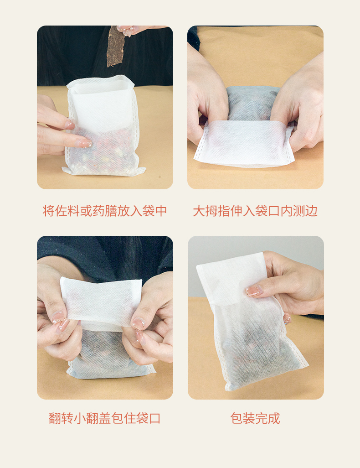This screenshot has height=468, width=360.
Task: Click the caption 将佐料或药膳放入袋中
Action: point(105,211)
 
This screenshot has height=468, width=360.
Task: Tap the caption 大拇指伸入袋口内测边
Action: point(255,211)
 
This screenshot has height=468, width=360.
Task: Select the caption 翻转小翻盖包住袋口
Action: point(105,418)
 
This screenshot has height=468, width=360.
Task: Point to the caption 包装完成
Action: point(255,418)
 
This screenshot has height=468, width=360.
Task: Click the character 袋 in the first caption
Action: point(148,211)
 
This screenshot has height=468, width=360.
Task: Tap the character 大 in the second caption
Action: point(199,211)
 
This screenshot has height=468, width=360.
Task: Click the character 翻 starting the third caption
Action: point(55,418)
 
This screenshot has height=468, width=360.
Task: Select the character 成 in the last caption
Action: point(274,418)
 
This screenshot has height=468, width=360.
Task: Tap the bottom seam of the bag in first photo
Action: point(104,172)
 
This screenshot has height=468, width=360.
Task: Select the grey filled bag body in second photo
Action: point(252,103)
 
